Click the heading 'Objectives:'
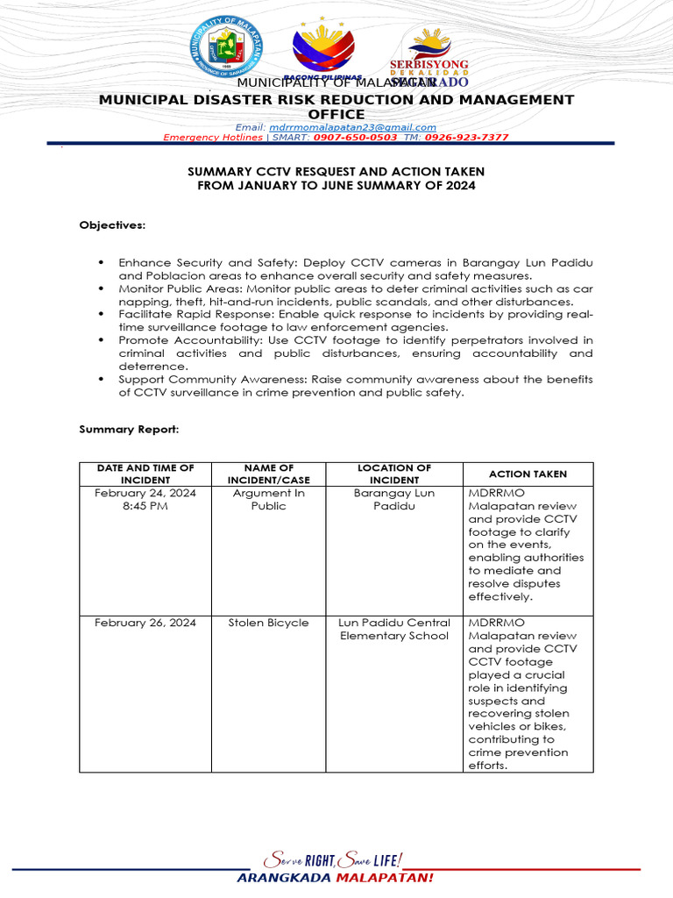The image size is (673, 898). pos(112,225)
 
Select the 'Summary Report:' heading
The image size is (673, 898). pos(129,429)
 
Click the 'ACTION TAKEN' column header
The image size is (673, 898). pos(528,474)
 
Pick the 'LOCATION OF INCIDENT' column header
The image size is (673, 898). pos(393,474)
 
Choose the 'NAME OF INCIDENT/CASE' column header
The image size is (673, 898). pos(268,474)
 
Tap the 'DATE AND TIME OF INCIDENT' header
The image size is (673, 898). pos(145,474)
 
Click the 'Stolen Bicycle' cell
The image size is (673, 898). pos(268,623)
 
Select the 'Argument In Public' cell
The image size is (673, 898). pos(268,499)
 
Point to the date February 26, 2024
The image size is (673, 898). pos(145,623)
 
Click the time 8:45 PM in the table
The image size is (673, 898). pos(145,506)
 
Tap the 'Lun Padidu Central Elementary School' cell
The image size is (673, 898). pos(393,629)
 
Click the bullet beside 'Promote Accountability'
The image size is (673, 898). pos(101,340)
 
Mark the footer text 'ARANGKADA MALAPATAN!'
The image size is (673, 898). pos(336,878)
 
